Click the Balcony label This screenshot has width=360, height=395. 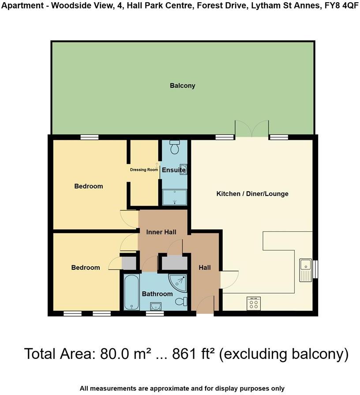182,86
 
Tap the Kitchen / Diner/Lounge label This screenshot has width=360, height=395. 252,194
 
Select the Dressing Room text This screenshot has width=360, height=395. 144,170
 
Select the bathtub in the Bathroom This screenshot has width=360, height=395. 131,292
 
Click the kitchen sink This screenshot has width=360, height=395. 305,270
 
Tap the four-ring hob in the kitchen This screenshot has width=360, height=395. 254,303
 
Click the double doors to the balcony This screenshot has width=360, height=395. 251,128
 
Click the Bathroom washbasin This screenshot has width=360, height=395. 155,306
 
